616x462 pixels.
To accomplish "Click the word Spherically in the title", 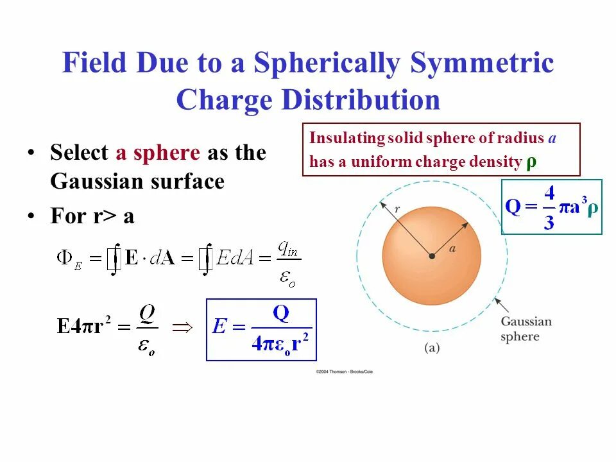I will [x=327, y=64].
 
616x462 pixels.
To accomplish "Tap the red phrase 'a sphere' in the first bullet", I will [x=158, y=153].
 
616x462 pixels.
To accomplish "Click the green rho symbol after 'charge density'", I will [x=531, y=161].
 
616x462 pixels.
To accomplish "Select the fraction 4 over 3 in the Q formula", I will [x=549, y=207].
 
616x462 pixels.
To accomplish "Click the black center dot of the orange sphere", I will [x=432, y=256].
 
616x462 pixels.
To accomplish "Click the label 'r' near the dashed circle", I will [x=397, y=209].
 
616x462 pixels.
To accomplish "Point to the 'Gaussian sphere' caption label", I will [x=526, y=329].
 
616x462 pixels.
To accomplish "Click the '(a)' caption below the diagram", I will [x=431, y=348].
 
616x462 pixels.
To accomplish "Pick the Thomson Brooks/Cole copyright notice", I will [x=343, y=372].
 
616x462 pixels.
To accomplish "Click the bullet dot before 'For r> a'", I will [x=31, y=217].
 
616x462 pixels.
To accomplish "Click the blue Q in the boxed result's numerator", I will [x=280, y=313].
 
